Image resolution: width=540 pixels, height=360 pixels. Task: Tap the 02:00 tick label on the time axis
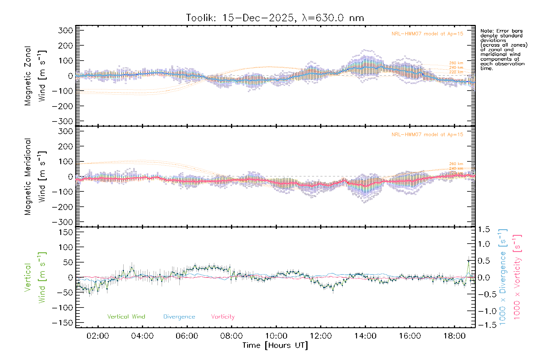pos(98,336)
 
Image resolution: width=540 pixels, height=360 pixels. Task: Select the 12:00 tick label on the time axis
pos(321,336)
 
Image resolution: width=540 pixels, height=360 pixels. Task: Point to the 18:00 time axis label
pos(454,336)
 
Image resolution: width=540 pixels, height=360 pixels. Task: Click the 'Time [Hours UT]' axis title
pos(275,345)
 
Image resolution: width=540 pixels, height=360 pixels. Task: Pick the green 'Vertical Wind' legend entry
pos(126,317)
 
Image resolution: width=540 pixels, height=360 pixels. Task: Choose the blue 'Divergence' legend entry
pos(179,317)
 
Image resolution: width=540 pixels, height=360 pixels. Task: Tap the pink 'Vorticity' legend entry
pos(223,317)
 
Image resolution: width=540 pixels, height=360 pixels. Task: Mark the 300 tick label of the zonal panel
pos(66,30)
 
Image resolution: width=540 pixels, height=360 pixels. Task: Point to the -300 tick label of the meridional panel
pos(63,222)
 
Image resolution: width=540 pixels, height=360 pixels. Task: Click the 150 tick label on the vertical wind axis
pos(66,232)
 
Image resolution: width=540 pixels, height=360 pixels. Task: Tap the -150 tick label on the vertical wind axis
pos(63,323)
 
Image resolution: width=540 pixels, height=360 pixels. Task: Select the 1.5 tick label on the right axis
pos(484,229)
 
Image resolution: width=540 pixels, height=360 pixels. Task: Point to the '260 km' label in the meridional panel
pos(456,164)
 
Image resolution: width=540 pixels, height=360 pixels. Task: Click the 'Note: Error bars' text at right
pos(501,31)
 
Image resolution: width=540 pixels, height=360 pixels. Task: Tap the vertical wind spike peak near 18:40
pos(468,261)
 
